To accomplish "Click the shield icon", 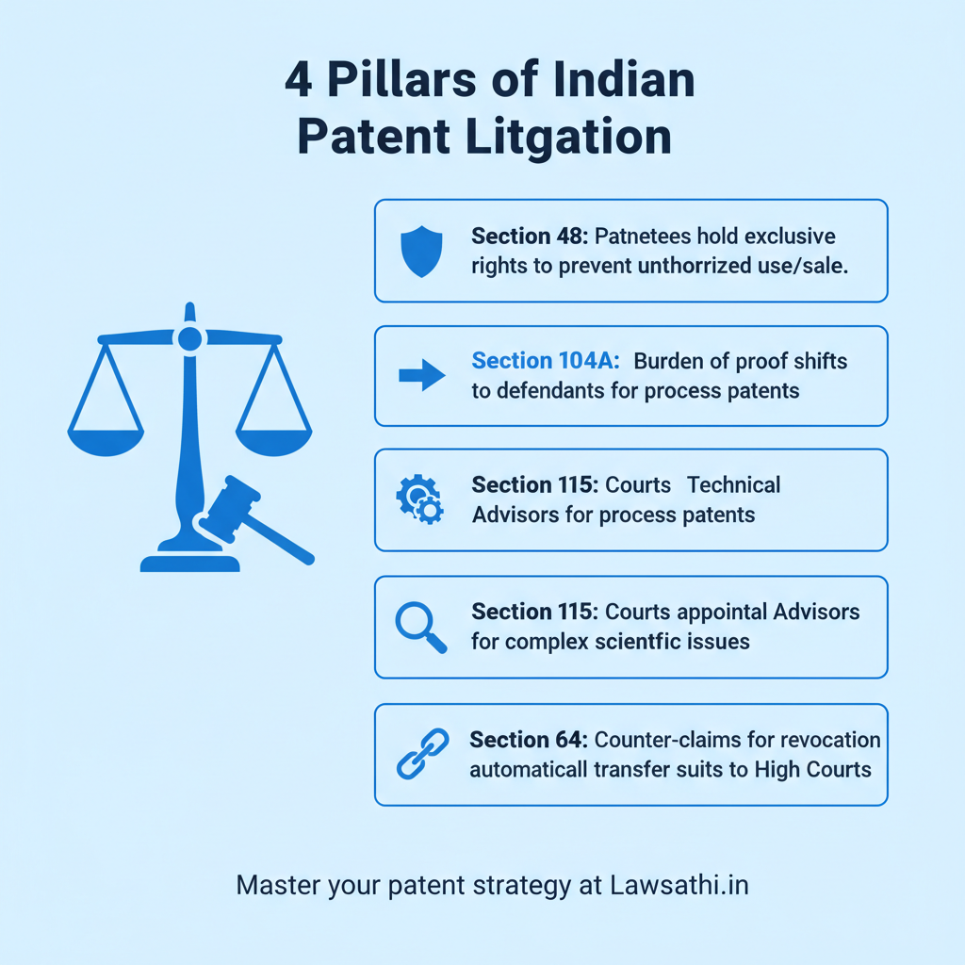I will (420, 252).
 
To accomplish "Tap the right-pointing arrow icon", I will (421, 375).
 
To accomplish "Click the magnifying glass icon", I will (419, 627).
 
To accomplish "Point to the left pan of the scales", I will (106, 441).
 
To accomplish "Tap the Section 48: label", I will (531, 236).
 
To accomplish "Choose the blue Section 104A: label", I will (545, 361).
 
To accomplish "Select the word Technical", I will (733, 485).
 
